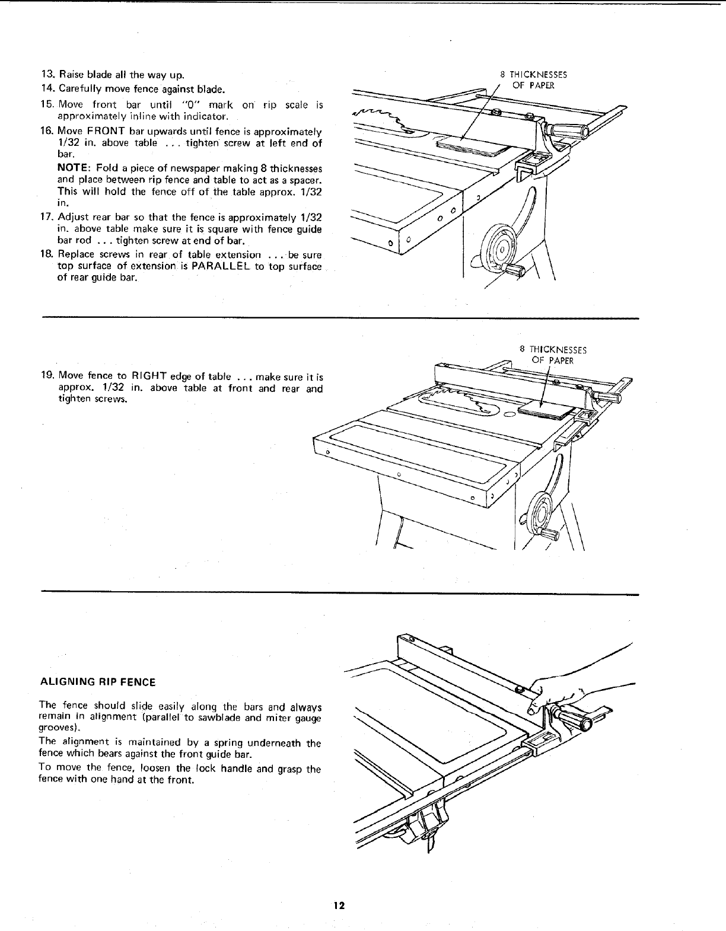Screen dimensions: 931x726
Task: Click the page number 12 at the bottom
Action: pos(339,906)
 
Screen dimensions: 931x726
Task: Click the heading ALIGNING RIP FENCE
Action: pos(97,682)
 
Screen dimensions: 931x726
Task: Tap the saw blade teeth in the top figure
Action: pos(380,116)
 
